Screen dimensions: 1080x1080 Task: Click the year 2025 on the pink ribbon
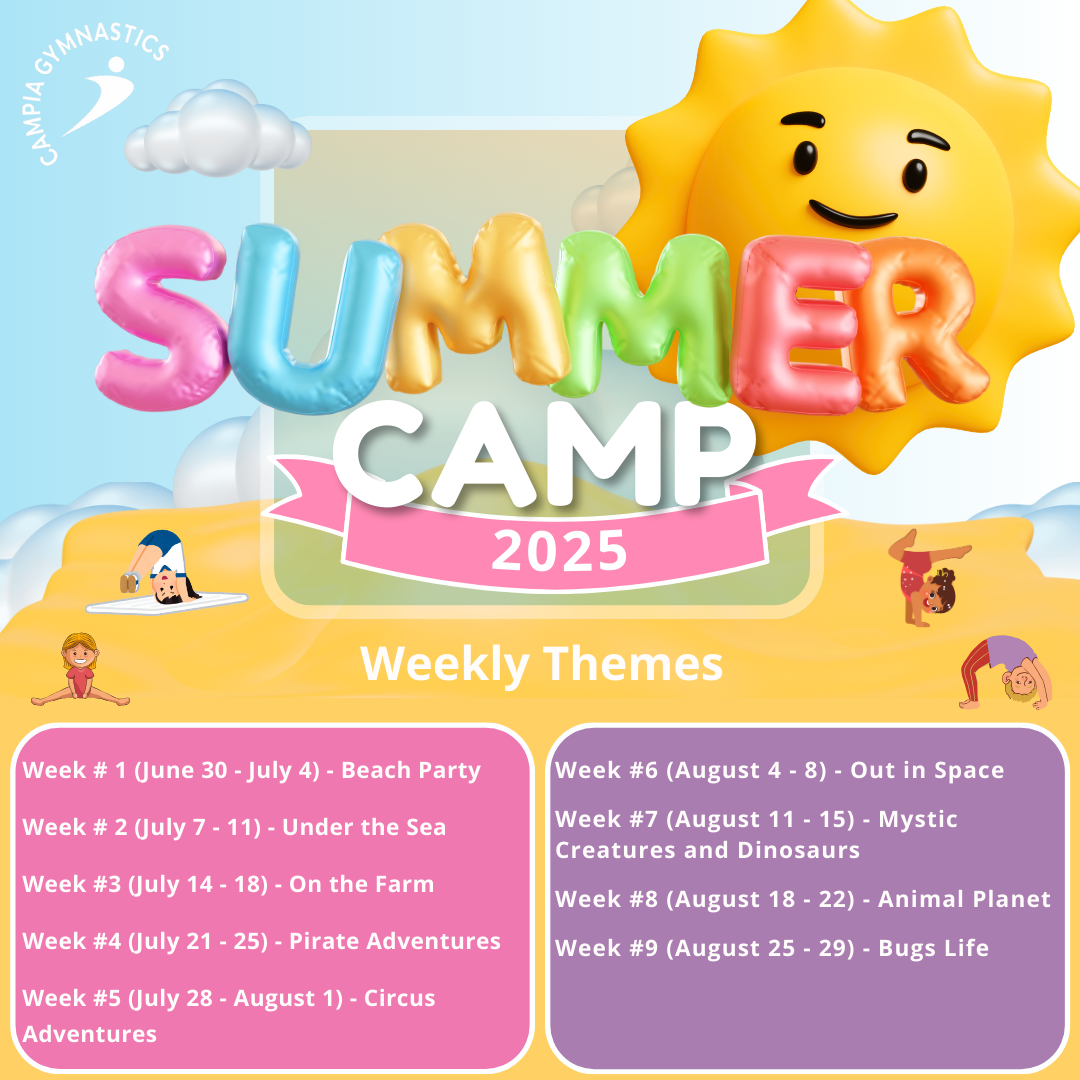click(559, 550)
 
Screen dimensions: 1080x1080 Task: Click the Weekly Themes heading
click(541, 663)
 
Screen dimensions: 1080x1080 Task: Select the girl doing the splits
click(80, 670)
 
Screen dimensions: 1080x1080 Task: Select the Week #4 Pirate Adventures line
click(261, 941)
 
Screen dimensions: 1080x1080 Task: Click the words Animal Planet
click(964, 899)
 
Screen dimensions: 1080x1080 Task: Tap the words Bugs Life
click(933, 948)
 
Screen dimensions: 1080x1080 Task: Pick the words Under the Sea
click(364, 827)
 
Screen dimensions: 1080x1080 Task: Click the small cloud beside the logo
click(220, 131)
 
